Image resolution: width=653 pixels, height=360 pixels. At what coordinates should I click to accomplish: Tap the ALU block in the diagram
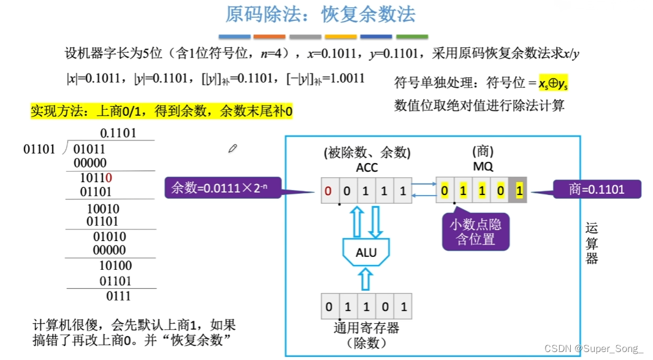click(366, 251)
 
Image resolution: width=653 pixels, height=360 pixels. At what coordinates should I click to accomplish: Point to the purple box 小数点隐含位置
click(476, 232)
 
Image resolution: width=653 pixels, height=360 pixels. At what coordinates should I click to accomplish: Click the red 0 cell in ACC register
click(329, 191)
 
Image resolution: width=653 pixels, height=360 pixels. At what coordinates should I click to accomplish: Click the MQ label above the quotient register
click(483, 166)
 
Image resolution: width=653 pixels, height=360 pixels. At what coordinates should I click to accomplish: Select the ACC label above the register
click(367, 167)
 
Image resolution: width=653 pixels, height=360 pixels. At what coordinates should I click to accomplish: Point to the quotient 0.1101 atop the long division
click(118, 133)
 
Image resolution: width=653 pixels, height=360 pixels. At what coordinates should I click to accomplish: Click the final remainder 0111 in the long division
click(118, 296)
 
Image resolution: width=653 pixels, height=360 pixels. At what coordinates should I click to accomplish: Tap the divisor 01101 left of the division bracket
click(39, 148)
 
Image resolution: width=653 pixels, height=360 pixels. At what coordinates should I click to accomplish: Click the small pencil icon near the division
click(232, 148)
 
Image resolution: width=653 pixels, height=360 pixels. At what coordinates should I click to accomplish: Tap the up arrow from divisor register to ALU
click(365, 279)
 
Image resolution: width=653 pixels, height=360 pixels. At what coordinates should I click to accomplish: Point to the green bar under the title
click(412, 37)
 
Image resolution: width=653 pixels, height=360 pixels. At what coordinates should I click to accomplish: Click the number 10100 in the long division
click(115, 266)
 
